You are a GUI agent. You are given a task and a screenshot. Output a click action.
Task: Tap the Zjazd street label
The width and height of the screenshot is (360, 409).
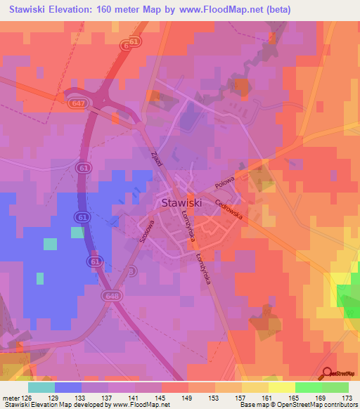click(157, 159)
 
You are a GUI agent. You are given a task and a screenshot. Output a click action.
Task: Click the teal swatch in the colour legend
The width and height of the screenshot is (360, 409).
click(41, 387)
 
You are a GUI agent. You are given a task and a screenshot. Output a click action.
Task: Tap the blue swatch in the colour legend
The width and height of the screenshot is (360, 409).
click(68, 387)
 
